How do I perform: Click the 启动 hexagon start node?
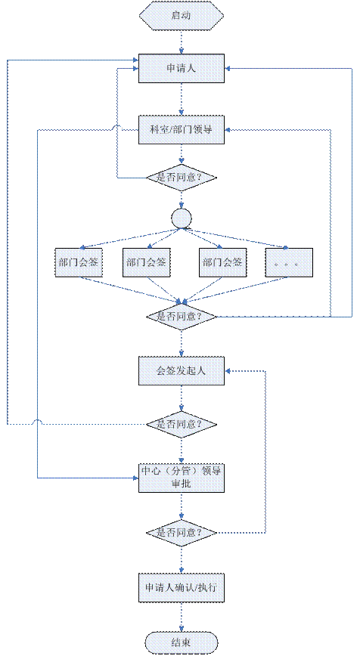coord(182,16)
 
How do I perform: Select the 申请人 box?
coord(182,69)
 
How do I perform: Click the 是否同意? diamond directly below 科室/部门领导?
coord(182,177)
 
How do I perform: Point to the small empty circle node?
coord(182,218)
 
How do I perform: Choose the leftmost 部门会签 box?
coord(79,262)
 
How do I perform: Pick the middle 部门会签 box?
coord(147,262)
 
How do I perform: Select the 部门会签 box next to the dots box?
coord(222,262)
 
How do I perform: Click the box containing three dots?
coord(289,262)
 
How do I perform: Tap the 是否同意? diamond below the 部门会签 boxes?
coord(182,316)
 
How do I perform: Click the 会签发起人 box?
coord(182,370)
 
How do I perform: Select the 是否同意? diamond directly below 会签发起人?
coord(182,424)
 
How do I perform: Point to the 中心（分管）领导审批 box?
coord(182,478)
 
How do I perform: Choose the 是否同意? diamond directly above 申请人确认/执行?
coord(182,533)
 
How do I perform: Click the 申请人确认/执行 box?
coord(182,586)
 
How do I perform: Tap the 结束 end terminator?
coord(182,642)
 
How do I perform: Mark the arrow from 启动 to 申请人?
coord(182,42)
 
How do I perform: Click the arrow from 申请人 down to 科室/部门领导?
coord(182,100)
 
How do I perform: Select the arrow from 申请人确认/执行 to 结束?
coord(182,616)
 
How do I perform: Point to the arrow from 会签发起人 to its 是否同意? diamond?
coord(182,398)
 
